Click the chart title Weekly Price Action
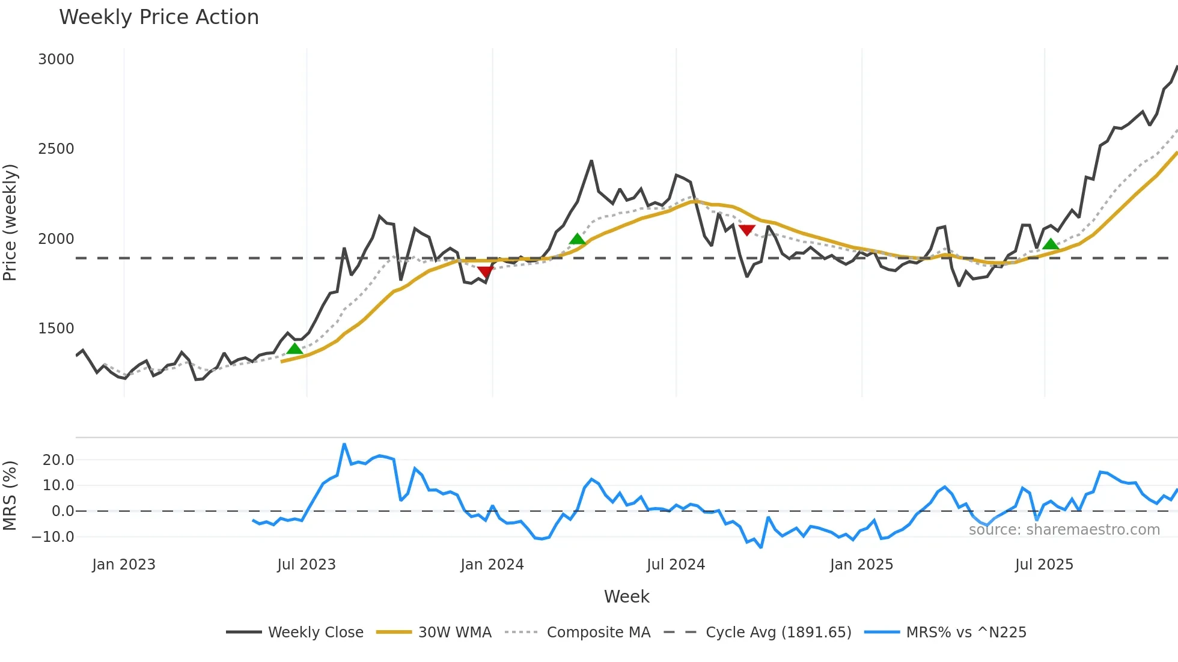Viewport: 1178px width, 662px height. [x=159, y=17]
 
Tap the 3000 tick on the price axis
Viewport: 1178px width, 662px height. [x=56, y=59]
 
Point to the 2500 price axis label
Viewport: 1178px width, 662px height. [x=56, y=149]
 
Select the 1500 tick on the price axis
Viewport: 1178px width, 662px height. [x=56, y=329]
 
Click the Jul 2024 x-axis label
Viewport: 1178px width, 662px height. [x=676, y=565]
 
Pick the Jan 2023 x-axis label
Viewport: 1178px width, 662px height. [x=124, y=565]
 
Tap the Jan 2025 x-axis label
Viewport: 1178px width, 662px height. [x=861, y=565]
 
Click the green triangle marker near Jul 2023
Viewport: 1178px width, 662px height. [x=294, y=349]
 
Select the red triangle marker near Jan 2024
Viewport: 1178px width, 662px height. [x=485, y=272]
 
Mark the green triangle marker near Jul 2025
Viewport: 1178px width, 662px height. [x=1051, y=244]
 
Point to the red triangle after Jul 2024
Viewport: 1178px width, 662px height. [x=746, y=230]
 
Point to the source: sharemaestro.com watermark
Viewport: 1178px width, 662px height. [x=1064, y=530]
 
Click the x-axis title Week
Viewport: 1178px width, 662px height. [x=626, y=597]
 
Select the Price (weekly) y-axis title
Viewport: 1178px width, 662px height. [x=10, y=222]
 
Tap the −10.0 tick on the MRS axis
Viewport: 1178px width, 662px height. [x=53, y=537]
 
